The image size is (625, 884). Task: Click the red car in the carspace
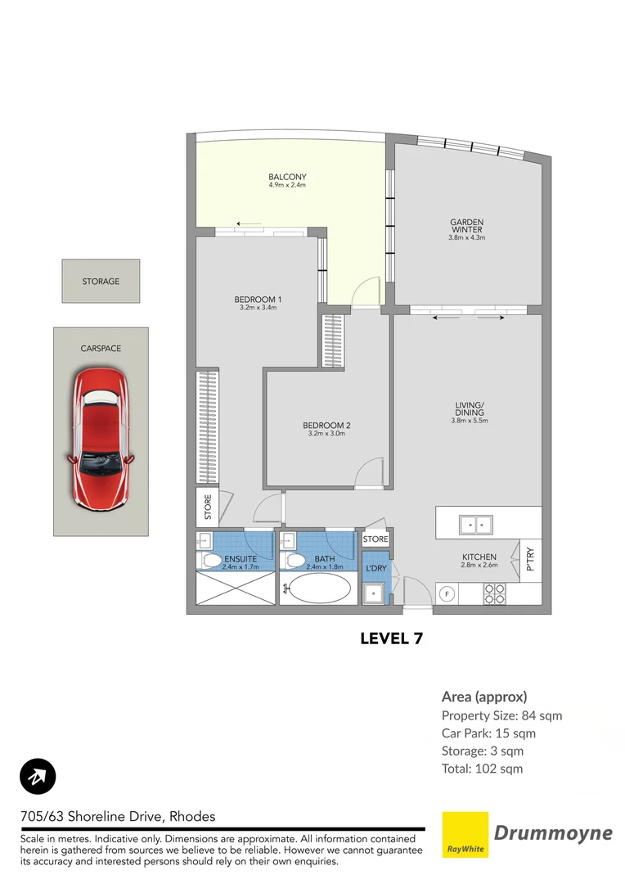tap(101, 438)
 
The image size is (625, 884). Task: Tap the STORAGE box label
tap(101, 282)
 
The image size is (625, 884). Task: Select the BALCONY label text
tap(286, 177)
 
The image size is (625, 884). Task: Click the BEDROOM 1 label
tap(258, 300)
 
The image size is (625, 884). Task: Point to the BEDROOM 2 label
tap(326, 426)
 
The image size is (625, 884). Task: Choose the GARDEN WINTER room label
tap(466, 226)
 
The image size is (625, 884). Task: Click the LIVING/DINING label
tap(470, 408)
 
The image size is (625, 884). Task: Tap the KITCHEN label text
tap(479, 557)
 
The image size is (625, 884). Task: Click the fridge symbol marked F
tap(447, 594)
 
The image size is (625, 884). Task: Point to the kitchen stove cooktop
tap(494, 593)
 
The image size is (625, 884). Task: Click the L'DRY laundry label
tap(375, 568)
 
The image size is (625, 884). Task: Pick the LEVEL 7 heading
tap(390, 638)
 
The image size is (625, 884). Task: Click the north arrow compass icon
tap(38, 778)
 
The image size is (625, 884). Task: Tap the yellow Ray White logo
tap(465, 835)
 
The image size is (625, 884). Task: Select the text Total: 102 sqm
tap(482, 769)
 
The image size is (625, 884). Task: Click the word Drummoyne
tap(553, 833)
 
